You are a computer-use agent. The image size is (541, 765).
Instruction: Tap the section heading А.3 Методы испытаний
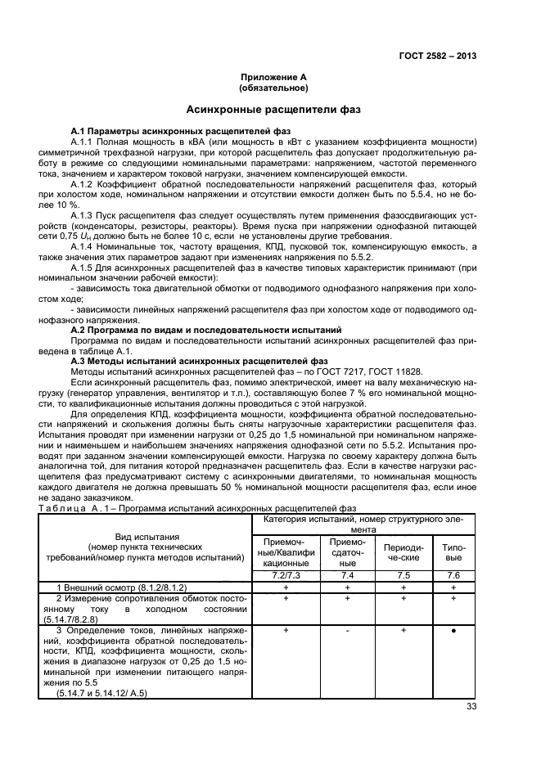(x=199, y=360)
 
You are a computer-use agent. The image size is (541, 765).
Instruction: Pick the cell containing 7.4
(x=347, y=576)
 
